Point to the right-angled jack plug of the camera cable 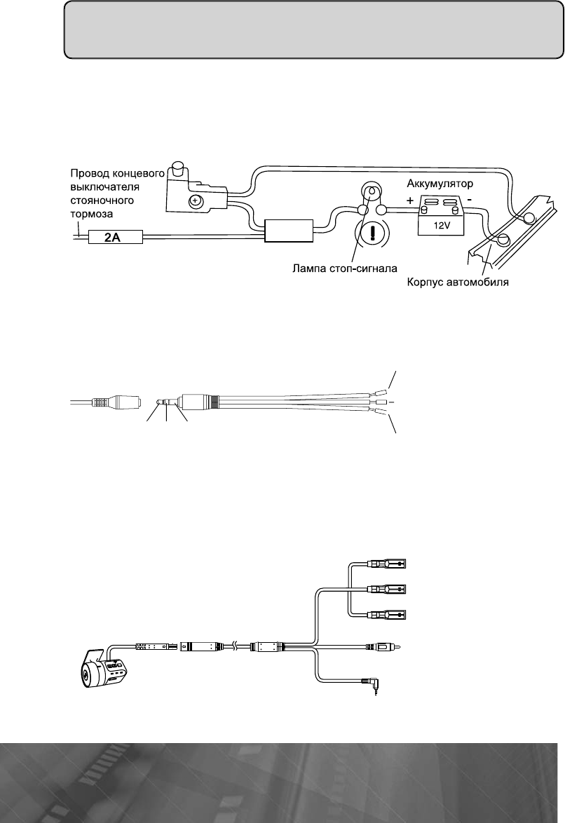368,681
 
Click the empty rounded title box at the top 313,32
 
